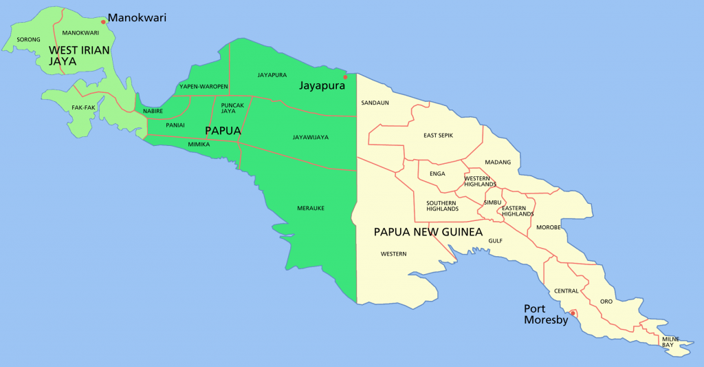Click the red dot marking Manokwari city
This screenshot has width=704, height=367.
pyautogui.click(x=103, y=22)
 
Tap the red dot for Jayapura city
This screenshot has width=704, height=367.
pyautogui.click(x=345, y=77)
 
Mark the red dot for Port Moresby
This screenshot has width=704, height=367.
pyautogui.click(x=573, y=313)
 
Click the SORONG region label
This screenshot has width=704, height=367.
pyautogui.click(x=28, y=40)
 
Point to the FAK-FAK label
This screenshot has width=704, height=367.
pyautogui.click(x=83, y=107)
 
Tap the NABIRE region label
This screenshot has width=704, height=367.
pyautogui.click(x=153, y=111)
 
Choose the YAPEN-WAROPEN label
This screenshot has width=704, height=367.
pyautogui.click(x=203, y=87)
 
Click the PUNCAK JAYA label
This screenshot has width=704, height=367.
pyautogui.click(x=233, y=107)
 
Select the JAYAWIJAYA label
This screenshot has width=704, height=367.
pyautogui.click(x=310, y=137)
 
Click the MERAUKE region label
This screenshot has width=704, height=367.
pyautogui.click(x=310, y=208)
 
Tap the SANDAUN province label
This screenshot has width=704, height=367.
pyautogui.click(x=375, y=103)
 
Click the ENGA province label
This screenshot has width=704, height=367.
pyautogui.click(x=437, y=174)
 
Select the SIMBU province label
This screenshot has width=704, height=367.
pyautogui.click(x=492, y=202)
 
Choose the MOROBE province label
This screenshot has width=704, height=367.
pyautogui.click(x=548, y=227)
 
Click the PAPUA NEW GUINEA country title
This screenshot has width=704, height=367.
pyautogui.click(x=428, y=232)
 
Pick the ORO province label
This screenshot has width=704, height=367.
pyautogui.click(x=606, y=302)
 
